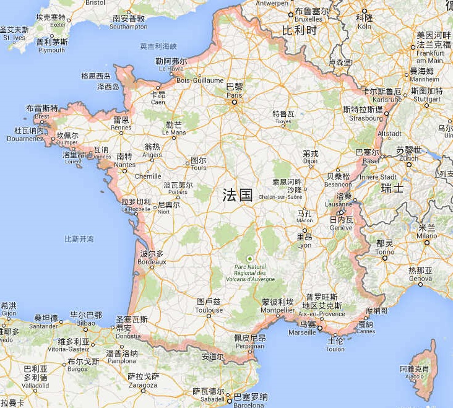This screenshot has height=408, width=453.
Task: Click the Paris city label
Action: coord(235,91)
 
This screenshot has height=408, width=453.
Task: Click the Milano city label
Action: coord(426,236)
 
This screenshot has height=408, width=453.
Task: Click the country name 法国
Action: coord(238,195)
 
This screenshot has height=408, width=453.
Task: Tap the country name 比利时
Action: coord(299,30)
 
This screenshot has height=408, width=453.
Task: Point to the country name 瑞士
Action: coord(392,188)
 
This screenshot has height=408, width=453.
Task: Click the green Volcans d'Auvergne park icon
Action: coord(250,258)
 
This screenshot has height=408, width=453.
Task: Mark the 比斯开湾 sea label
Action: coord(79,239)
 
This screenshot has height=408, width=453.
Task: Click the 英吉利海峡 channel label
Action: coord(158,46)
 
